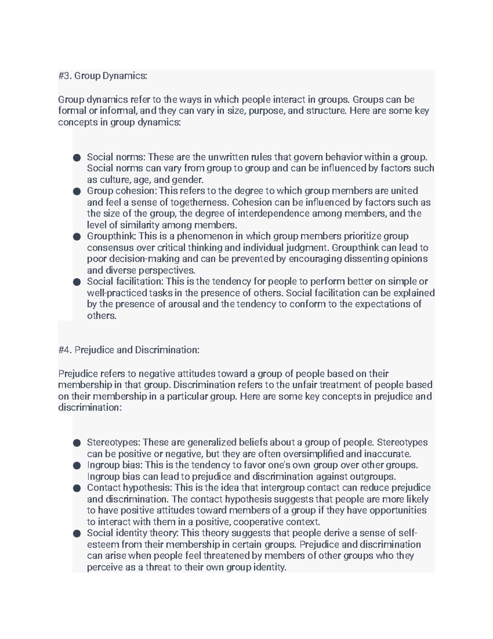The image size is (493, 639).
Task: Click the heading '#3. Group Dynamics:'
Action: click(102, 76)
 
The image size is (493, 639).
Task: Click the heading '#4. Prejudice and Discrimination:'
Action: click(129, 350)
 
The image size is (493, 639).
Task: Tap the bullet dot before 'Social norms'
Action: click(76, 158)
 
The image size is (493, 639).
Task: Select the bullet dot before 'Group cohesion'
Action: click(76, 191)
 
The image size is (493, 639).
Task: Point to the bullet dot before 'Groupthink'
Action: click(76, 237)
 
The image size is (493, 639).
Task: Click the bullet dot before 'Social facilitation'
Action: click(76, 282)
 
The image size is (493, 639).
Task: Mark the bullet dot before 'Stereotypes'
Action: click(76, 443)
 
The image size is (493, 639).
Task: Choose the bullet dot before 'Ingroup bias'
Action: click(76, 466)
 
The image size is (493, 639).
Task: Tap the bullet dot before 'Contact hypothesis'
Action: click(76, 488)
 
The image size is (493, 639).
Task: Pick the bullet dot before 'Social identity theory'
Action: click(76, 534)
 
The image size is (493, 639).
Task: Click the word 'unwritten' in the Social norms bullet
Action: click(228, 157)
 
